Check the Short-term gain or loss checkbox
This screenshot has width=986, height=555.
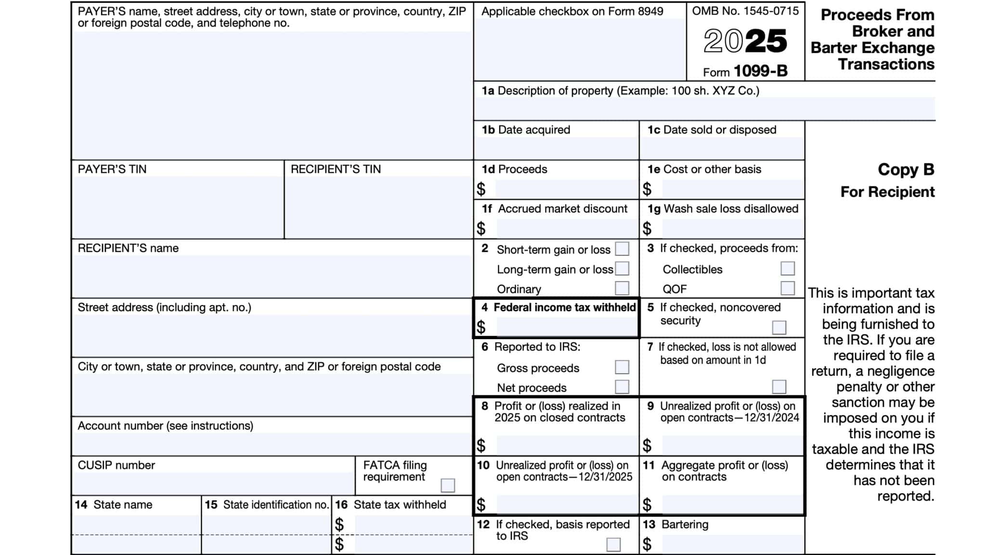point(622,249)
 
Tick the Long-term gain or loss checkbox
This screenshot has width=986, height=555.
point(622,268)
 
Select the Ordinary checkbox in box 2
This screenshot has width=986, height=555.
point(622,288)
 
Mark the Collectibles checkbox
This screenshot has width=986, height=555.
point(787,268)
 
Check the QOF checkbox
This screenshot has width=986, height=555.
point(787,288)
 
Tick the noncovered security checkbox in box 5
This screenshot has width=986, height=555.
point(778,328)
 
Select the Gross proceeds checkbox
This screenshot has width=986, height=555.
point(622,367)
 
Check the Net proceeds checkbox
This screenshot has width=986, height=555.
point(622,387)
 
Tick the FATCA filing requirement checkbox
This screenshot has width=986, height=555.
point(447,485)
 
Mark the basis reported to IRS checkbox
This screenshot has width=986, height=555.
point(613,544)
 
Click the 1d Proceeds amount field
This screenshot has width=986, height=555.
point(566,189)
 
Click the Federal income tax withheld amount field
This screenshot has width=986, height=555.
point(566,328)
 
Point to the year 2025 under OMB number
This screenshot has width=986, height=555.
point(745,41)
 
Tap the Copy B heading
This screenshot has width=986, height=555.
point(906,170)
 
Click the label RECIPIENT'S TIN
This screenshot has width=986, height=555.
point(336,169)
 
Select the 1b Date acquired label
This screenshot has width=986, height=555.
point(526,130)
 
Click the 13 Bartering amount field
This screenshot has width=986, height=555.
point(732,544)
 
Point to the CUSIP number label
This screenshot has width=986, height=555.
point(117,465)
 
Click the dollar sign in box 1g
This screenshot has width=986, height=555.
point(647,228)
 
